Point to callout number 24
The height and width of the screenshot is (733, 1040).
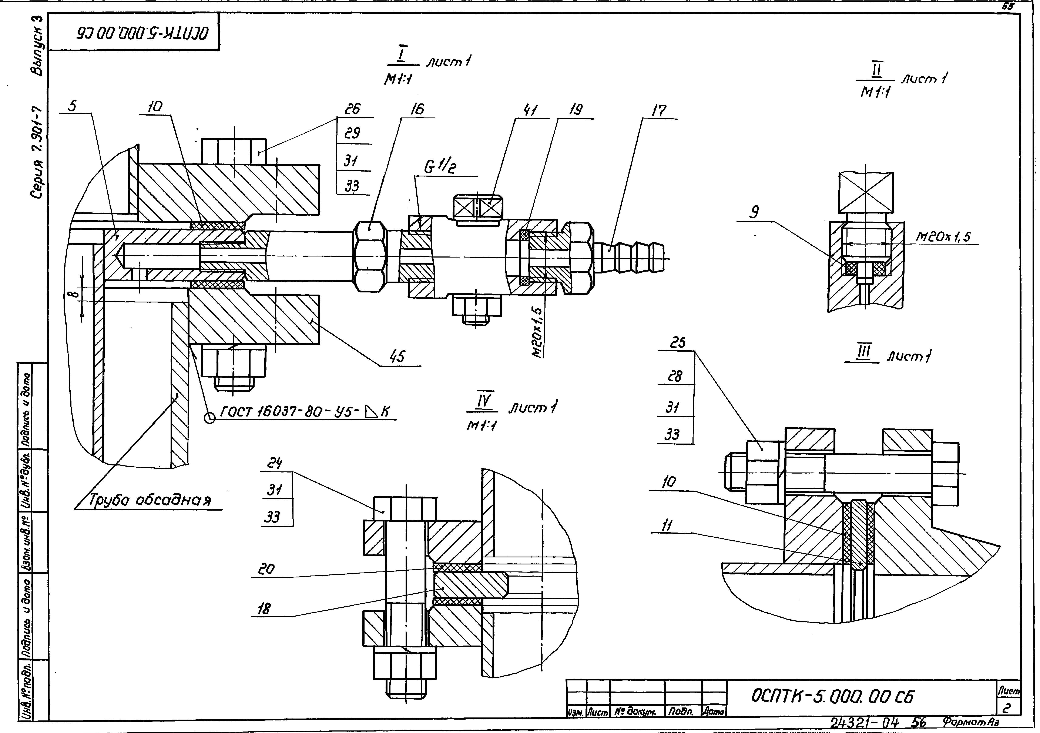[274, 463]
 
